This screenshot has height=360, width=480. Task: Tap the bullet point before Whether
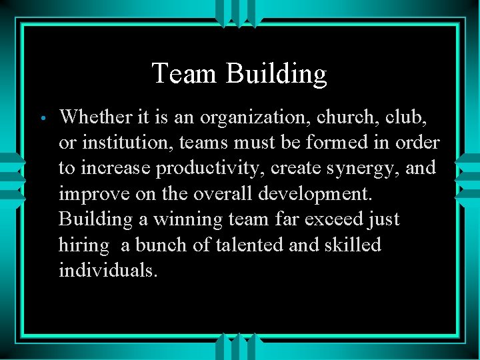41,118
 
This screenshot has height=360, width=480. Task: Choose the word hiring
84,245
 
